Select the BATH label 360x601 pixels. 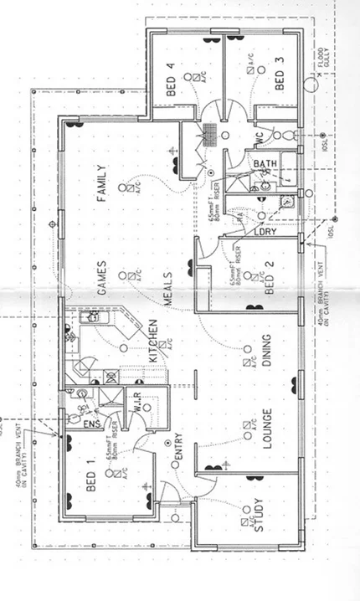[x=265, y=164]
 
